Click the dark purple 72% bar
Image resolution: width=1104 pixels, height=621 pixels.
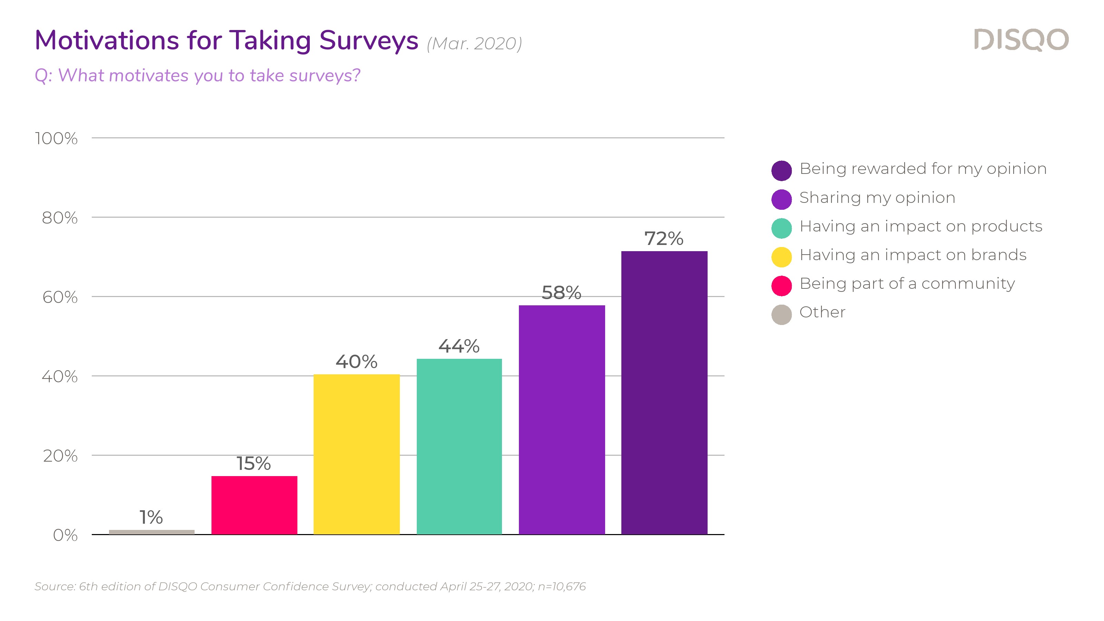[664, 392]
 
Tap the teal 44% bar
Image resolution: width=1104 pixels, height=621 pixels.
[459, 446]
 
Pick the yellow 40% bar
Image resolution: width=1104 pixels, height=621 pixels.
[357, 454]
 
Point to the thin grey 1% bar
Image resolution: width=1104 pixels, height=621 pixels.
[152, 532]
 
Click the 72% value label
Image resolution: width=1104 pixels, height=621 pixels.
[663, 238]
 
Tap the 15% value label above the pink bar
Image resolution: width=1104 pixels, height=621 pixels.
[254, 463]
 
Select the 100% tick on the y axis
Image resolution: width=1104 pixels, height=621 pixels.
[56, 138]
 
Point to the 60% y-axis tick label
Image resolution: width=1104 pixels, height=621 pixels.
[60, 297]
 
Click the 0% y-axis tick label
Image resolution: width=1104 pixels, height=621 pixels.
[65, 535]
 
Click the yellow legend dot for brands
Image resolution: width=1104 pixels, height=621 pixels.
[781, 257]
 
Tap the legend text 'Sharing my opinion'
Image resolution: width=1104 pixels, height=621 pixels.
[877, 198]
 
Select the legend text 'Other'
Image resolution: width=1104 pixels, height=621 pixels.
[822, 312]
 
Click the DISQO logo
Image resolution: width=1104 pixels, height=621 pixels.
[1021, 40]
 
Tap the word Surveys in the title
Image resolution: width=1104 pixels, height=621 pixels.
[368, 41]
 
